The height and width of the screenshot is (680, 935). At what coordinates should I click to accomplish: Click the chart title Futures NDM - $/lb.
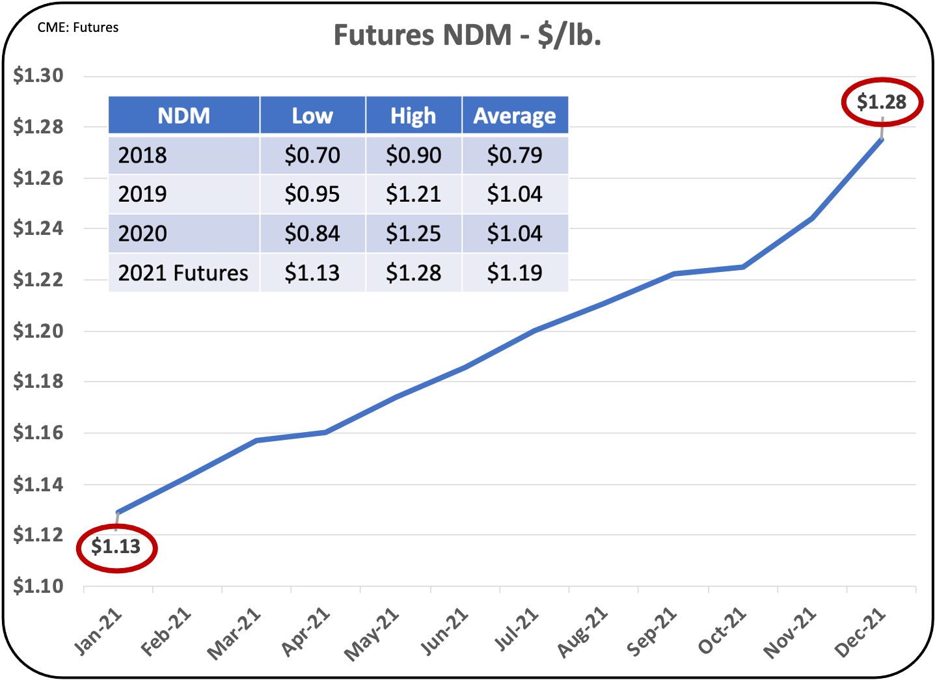(467, 35)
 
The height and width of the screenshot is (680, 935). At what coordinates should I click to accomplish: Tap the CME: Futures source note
(78, 27)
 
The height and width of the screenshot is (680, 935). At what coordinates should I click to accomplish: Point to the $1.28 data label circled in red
(882, 102)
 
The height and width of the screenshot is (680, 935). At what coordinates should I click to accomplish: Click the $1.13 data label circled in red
(116, 547)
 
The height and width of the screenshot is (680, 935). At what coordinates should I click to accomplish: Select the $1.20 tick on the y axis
(38, 331)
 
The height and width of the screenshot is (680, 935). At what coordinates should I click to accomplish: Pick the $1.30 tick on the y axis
(38, 76)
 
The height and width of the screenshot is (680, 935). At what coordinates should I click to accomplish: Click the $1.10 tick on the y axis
(38, 586)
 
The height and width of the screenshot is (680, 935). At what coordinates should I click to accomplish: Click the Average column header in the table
(515, 116)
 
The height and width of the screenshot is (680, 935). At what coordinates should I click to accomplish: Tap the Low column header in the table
(312, 116)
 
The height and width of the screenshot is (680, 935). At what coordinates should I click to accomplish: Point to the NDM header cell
(184, 116)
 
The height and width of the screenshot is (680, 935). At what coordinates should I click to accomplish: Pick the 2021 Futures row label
(183, 273)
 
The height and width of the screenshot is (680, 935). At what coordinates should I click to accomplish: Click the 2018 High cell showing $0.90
(413, 155)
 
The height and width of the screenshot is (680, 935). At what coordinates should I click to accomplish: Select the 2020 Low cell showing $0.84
(312, 234)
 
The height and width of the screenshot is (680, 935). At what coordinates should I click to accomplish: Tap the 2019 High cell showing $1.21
(413, 194)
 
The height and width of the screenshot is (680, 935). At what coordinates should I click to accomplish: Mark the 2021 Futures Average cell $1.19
(515, 273)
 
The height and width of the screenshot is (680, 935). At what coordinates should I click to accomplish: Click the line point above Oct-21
(743, 267)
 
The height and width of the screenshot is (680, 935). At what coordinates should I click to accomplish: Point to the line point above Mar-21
(256, 441)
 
